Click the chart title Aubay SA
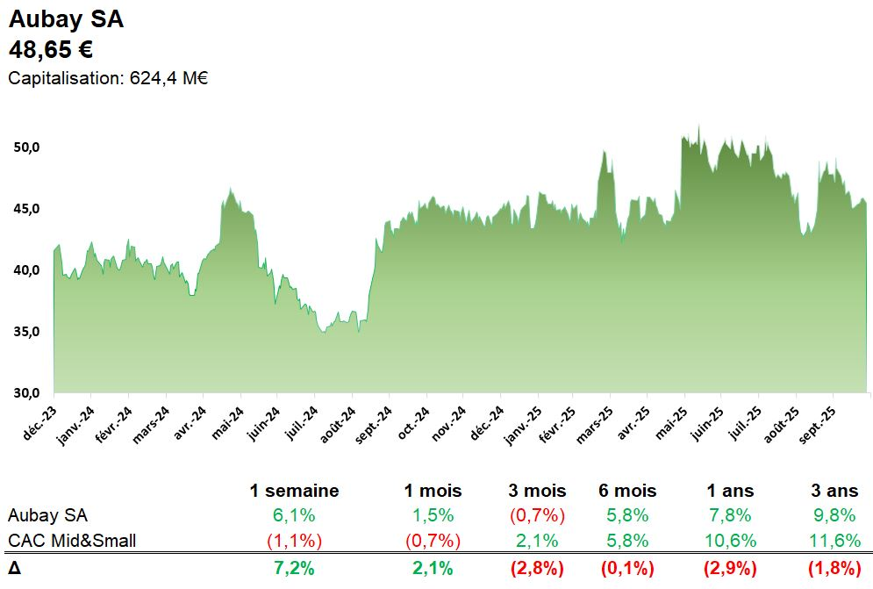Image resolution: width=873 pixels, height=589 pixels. click(x=66, y=19)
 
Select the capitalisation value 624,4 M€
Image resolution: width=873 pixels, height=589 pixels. click(x=168, y=78)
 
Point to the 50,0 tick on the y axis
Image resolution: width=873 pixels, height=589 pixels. click(x=27, y=147)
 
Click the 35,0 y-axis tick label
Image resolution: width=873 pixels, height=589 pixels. click(x=27, y=332)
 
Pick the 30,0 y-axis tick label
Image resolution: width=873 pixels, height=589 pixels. click(x=27, y=392)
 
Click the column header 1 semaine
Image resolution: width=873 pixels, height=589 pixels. click(x=294, y=491)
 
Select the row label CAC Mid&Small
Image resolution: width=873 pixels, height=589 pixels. click(x=72, y=541)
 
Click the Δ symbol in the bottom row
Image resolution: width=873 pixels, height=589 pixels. click(x=14, y=568)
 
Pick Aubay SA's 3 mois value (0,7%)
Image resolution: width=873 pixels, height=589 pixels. click(x=537, y=515)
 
